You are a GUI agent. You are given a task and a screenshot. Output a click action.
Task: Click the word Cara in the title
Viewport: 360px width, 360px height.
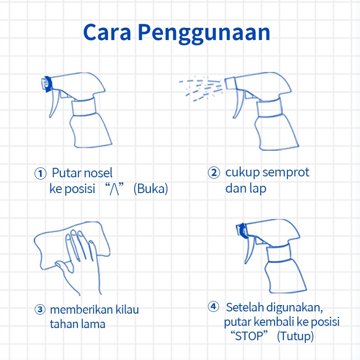point(107,32)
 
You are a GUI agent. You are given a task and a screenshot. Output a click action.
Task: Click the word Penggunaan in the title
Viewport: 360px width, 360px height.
point(204,33)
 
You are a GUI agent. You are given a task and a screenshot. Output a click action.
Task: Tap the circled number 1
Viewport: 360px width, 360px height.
point(40,174)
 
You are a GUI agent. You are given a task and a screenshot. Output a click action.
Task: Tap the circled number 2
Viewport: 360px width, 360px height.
point(214,173)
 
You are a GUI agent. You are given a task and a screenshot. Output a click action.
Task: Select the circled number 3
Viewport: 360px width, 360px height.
point(40,309)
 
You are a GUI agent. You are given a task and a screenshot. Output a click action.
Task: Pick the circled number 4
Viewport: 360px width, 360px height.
point(213,306)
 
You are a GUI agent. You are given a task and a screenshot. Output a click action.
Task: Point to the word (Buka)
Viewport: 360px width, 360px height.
point(151,189)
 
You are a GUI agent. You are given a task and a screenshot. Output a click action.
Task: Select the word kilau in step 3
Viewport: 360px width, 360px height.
point(127,309)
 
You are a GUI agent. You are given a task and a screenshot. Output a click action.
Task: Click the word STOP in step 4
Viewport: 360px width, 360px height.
point(249,336)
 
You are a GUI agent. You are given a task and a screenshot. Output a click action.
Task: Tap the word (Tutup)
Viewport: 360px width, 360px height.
point(296,336)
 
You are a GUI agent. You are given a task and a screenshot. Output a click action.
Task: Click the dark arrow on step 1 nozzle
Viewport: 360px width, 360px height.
point(48,84)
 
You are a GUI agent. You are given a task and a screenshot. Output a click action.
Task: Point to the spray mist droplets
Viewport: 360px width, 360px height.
point(201,88)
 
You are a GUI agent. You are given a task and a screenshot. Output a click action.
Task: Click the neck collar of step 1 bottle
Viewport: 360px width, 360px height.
point(84,107)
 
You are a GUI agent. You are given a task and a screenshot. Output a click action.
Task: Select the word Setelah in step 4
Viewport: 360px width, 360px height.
point(244,307)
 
